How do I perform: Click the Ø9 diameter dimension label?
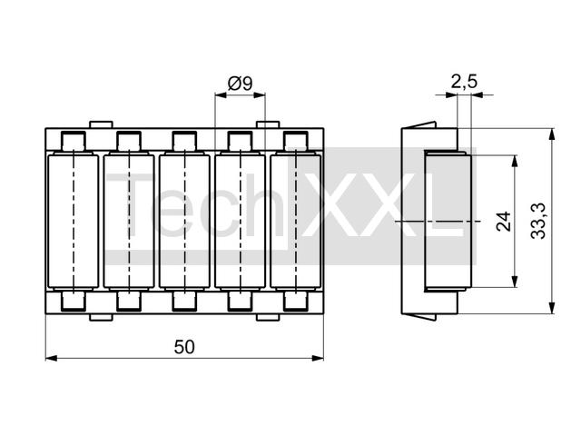241,84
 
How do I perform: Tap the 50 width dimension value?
185,346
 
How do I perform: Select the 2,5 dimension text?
463,82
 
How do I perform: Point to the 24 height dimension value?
504,221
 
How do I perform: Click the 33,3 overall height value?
538,221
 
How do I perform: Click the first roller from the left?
72,221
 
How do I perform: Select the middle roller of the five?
184,221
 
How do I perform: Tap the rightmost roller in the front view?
297,221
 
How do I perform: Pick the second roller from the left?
128,221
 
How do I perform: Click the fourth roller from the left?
241,221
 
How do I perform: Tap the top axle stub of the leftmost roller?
72,142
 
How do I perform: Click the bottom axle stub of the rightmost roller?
297,301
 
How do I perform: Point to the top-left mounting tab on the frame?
101,124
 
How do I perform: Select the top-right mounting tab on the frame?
268,124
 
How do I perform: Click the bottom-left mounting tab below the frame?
101,316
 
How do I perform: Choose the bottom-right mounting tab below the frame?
268,316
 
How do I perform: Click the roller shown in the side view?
448,221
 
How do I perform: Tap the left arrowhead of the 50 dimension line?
51,358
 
